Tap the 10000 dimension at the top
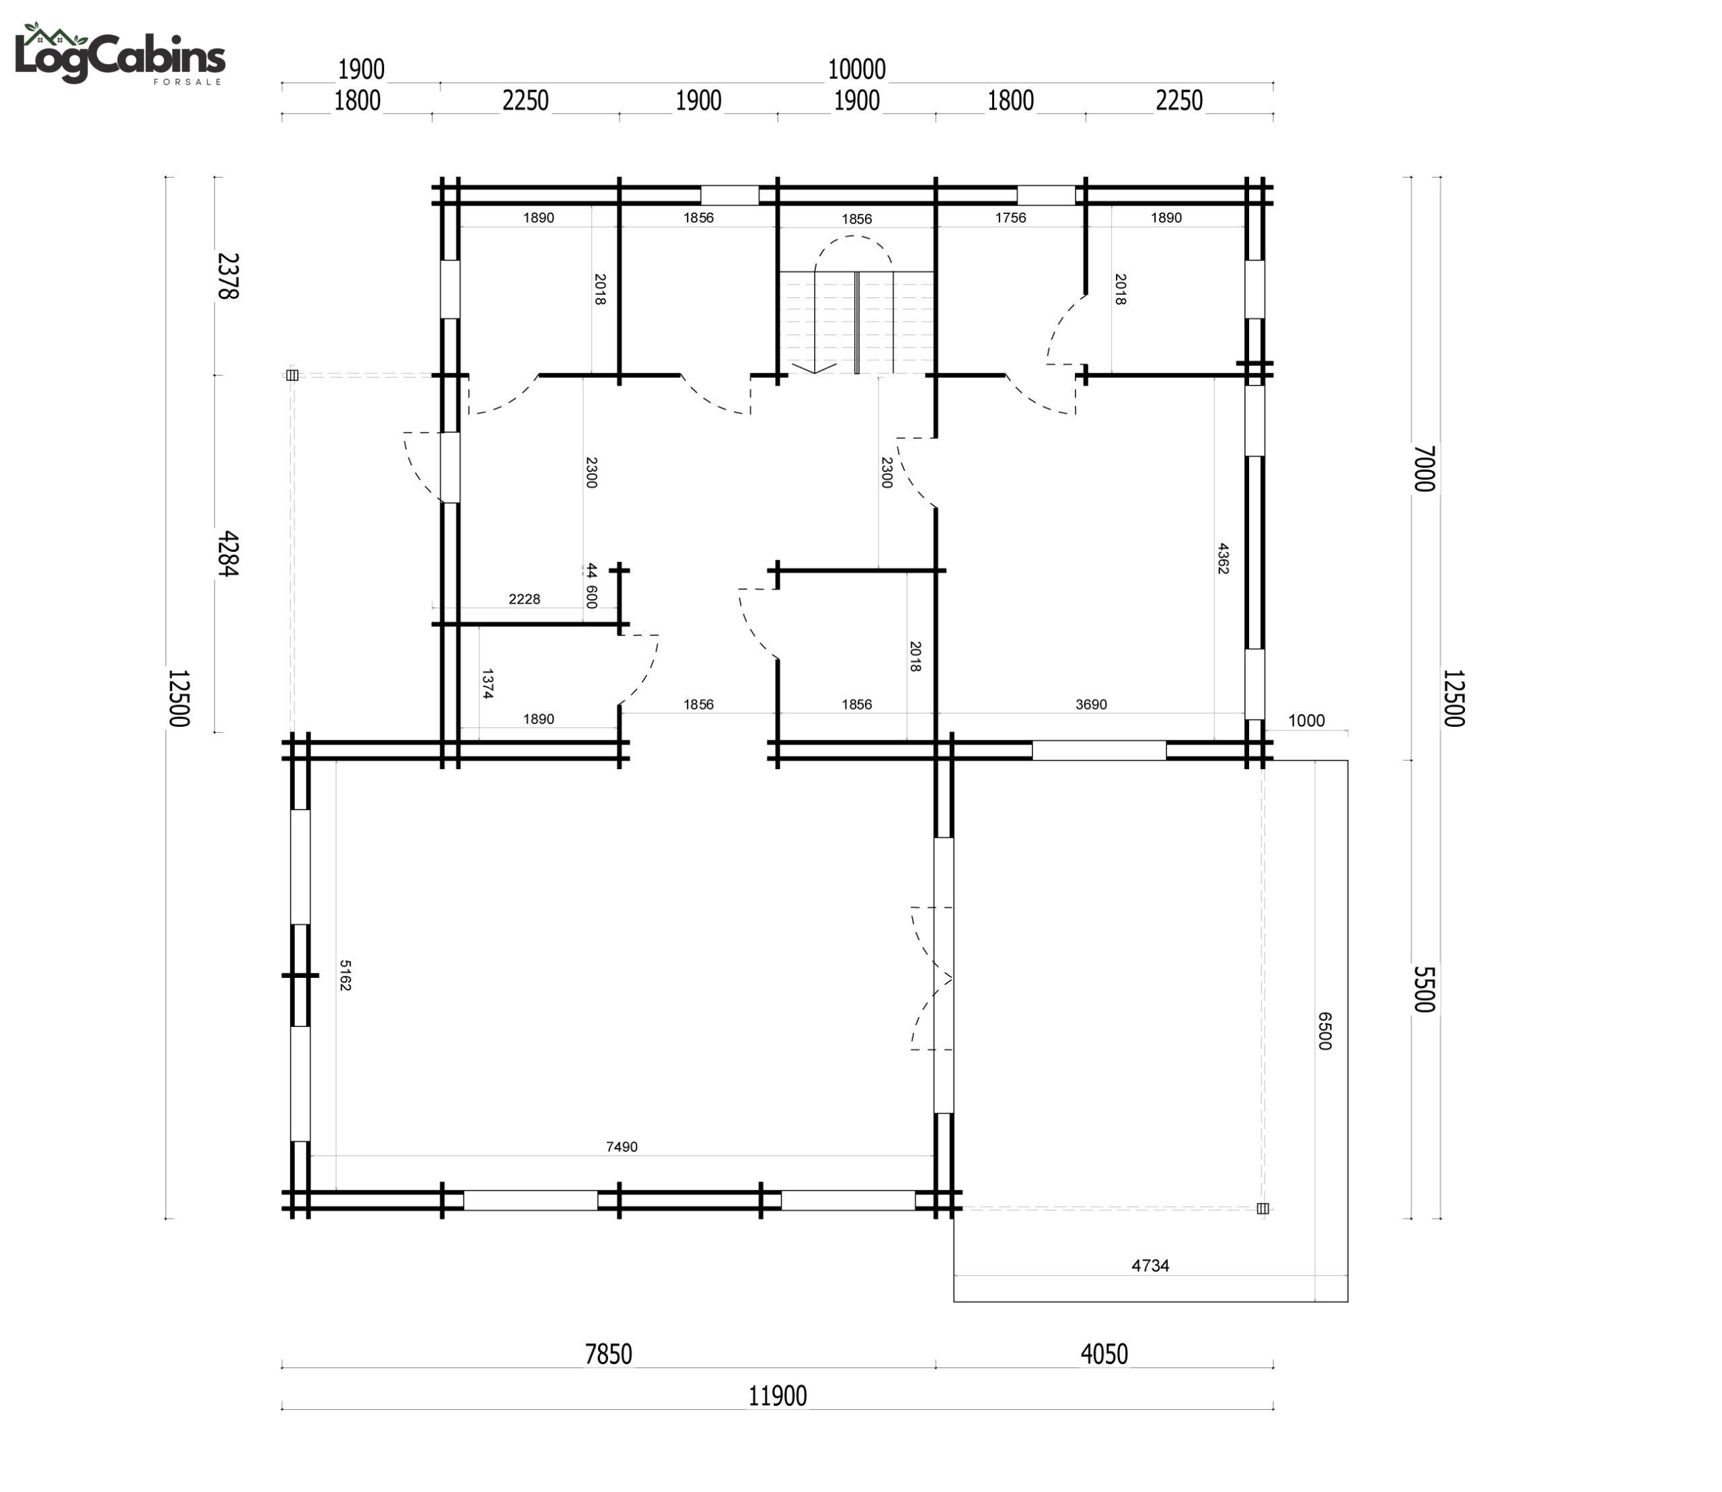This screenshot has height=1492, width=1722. (x=856, y=69)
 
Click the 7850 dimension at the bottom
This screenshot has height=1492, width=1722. (x=608, y=1355)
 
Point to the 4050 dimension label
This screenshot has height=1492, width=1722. (x=1105, y=1355)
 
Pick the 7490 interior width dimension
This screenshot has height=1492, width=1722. (x=622, y=1147)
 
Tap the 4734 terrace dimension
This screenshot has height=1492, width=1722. (x=1150, y=1265)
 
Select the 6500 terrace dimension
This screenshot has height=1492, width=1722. (x=1324, y=1031)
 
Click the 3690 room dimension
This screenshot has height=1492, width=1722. (x=1091, y=705)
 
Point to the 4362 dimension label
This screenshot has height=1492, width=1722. (x=1223, y=559)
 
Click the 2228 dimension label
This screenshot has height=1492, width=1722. (x=525, y=599)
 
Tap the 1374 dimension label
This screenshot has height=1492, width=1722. (x=488, y=684)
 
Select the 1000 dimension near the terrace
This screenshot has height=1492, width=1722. (x=1306, y=721)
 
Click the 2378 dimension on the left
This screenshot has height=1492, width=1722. (x=227, y=276)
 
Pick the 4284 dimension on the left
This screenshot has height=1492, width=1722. (x=227, y=554)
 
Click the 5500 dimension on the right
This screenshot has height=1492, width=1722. (x=1424, y=989)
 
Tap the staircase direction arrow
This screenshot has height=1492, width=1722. (x=814, y=367)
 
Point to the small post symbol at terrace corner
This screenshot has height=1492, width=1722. (x=1263, y=1208)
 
